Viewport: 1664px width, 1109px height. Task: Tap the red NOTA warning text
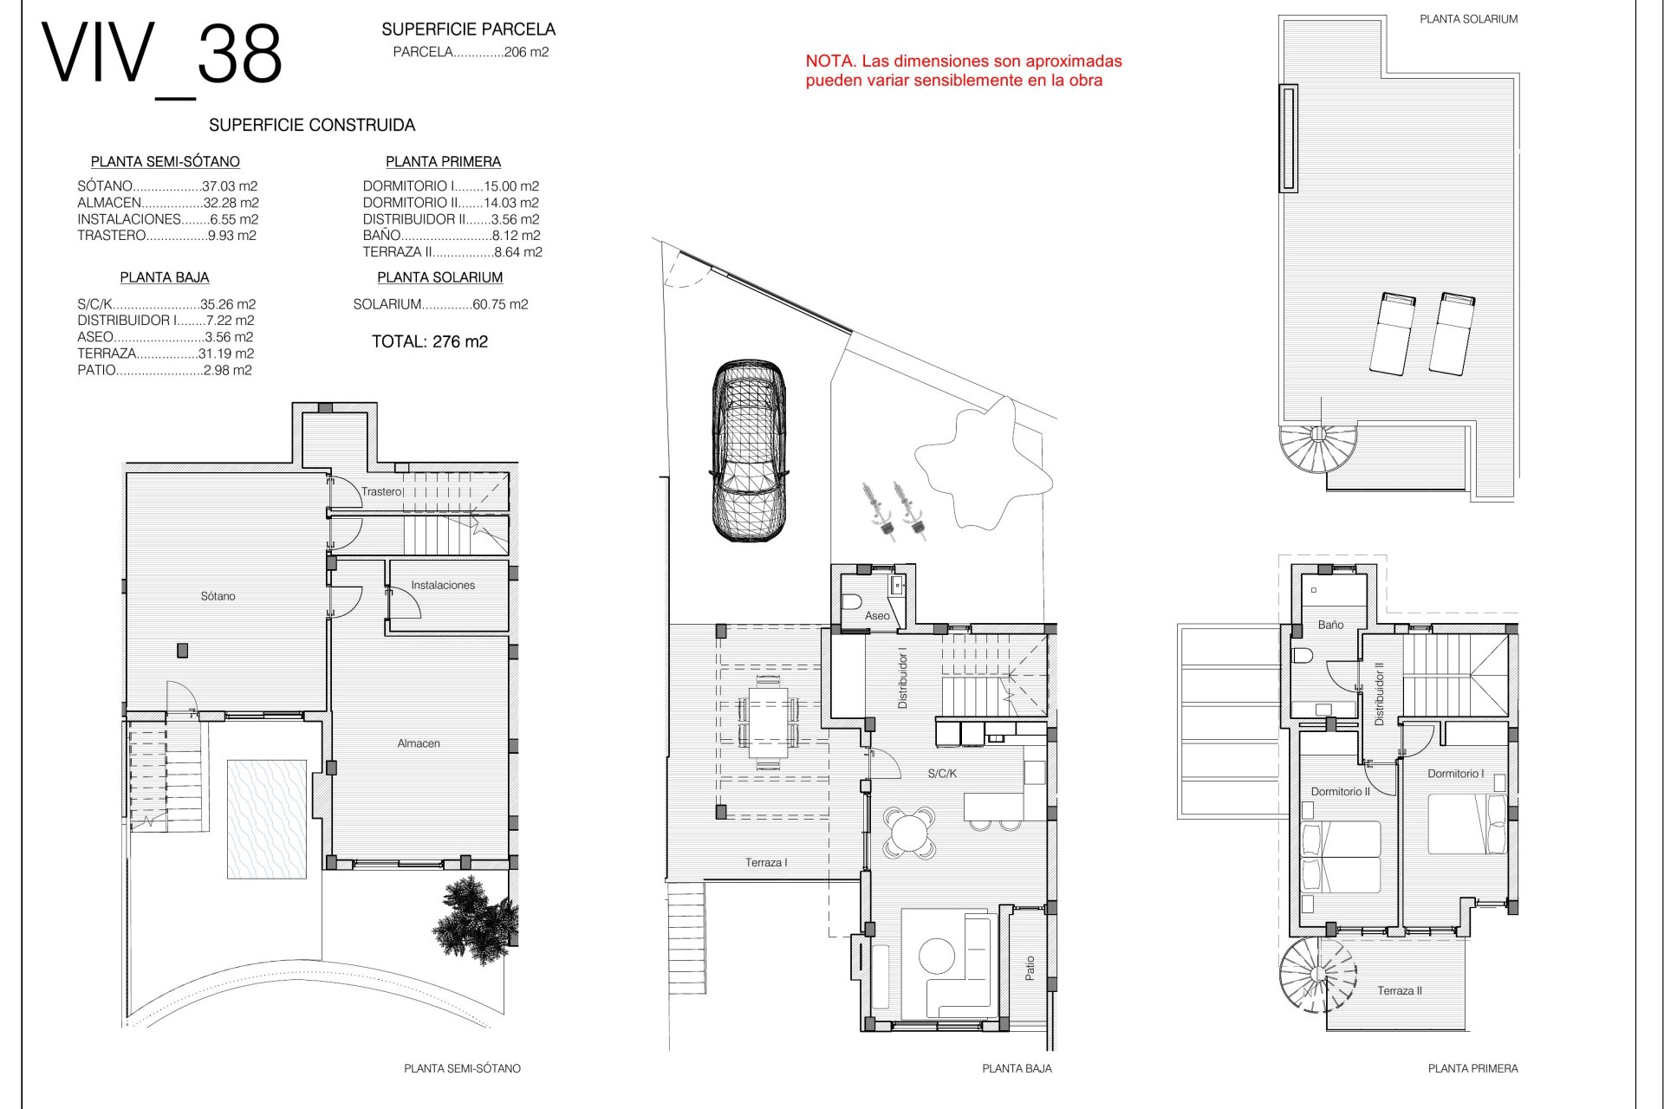tap(964, 71)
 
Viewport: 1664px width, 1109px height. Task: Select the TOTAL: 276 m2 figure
tap(430, 341)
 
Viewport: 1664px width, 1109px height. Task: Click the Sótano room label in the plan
tap(218, 596)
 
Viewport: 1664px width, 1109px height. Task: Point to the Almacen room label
tap(419, 743)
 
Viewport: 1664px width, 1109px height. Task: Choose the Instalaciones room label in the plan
tap(443, 585)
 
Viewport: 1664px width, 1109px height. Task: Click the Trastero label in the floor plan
tap(381, 491)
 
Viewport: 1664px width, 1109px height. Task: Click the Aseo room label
tap(877, 616)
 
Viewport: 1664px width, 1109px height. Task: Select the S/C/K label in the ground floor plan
tap(942, 774)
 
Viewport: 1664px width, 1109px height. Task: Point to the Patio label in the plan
tap(1030, 968)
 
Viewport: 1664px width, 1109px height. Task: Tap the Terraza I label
tap(766, 862)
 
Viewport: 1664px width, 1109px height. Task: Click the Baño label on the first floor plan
tap(1330, 625)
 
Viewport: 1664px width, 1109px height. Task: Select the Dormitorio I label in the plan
tap(1456, 774)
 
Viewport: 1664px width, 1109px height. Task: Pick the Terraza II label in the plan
tap(1400, 990)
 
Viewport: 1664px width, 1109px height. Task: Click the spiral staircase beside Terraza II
tap(1316, 976)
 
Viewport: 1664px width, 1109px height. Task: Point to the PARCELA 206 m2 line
tap(471, 52)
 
